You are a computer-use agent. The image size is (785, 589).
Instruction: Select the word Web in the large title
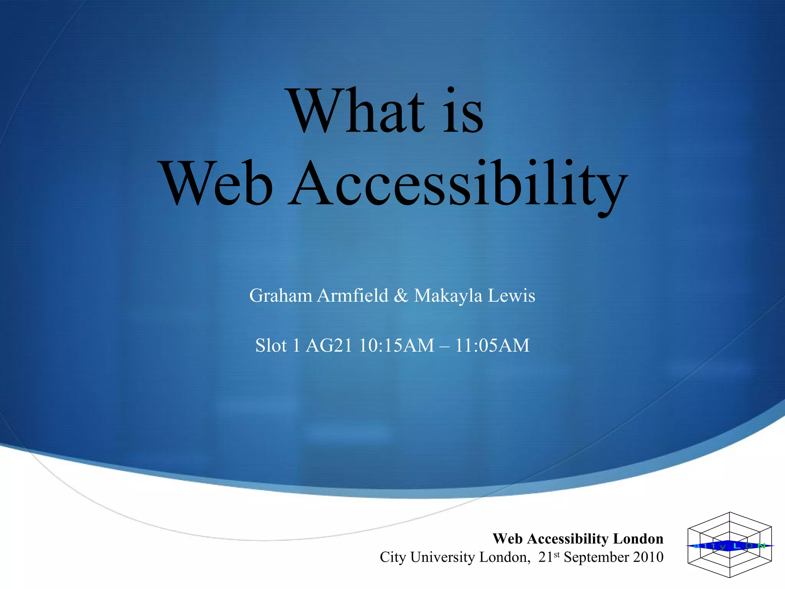pyautogui.click(x=217, y=183)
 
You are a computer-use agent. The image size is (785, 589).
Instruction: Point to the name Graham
pyautogui.click(x=281, y=296)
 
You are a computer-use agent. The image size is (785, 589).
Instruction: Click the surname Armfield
pyautogui.click(x=353, y=296)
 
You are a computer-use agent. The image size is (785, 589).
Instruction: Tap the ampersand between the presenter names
pyautogui.click(x=401, y=296)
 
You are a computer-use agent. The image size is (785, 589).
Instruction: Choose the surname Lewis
pyautogui.click(x=511, y=296)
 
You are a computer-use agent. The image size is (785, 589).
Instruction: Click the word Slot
pyautogui.click(x=271, y=346)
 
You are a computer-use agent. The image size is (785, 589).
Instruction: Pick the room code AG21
pyautogui.click(x=329, y=346)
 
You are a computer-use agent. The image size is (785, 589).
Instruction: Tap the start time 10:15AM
pyautogui.click(x=397, y=346)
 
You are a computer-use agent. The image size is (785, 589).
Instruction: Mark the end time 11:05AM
pyautogui.click(x=492, y=346)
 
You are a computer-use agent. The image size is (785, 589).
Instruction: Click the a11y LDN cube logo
pyautogui.click(x=729, y=545)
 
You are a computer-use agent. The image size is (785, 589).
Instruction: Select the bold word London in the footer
pyautogui.click(x=638, y=539)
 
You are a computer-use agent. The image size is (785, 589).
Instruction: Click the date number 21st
pyautogui.click(x=549, y=557)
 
